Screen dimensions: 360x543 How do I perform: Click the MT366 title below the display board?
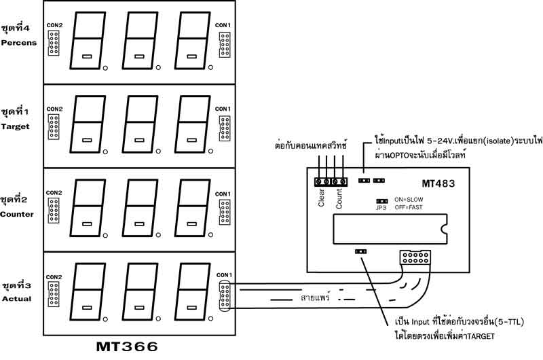click(127, 346)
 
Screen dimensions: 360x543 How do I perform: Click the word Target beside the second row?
click(16, 126)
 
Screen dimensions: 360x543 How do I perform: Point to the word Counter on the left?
click(18, 213)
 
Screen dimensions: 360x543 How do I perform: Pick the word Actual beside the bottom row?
click(16, 298)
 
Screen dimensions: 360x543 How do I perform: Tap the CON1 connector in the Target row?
click(224, 128)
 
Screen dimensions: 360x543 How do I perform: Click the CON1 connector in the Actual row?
click(224, 296)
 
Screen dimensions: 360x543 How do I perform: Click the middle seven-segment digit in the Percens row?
click(140, 41)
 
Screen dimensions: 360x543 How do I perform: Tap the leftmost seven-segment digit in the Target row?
click(86, 126)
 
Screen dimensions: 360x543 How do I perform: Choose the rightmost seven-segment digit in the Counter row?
click(193, 211)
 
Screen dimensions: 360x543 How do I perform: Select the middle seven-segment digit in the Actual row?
click(140, 296)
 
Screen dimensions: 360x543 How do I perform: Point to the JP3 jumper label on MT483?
click(381, 209)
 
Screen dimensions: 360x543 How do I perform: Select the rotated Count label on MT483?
click(340, 196)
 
